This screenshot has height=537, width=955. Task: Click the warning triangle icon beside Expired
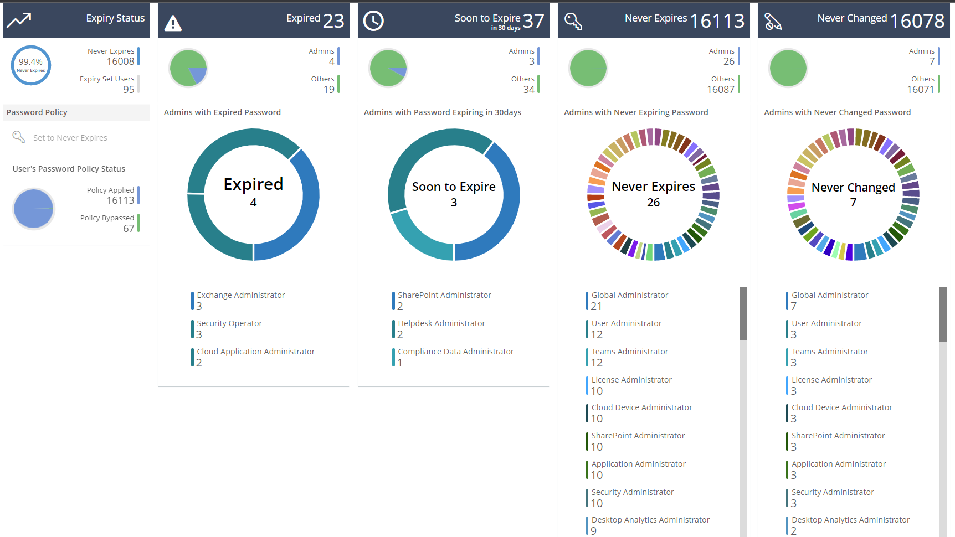tap(173, 23)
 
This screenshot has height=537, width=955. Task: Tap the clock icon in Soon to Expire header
tap(373, 21)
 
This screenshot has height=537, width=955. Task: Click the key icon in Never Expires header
tap(573, 22)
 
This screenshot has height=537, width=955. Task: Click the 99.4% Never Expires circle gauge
tap(31, 65)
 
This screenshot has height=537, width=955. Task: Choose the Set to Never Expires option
tap(70, 138)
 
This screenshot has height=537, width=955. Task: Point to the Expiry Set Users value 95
tap(129, 90)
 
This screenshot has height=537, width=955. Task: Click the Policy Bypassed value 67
tap(129, 229)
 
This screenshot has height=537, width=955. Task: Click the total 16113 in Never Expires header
tap(717, 21)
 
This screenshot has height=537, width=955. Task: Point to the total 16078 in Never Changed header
tap(917, 21)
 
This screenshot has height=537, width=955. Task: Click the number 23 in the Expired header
tap(333, 21)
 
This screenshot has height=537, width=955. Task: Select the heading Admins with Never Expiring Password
tap(636, 112)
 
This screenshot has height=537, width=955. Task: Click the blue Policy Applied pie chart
tap(34, 209)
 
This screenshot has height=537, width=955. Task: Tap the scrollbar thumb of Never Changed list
tap(943, 314)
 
